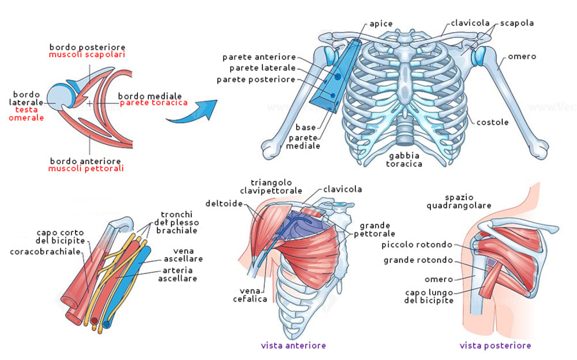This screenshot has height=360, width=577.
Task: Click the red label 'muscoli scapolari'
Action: pyautogui.click(x=87, y=55)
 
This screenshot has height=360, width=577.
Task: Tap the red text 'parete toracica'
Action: pyautogui.click(x=153, y=102)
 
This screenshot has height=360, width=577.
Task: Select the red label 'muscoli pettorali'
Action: pyautogui.click(x=87, y=168)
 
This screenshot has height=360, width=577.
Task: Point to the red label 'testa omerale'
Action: pyautogui.click(x=26, y=113)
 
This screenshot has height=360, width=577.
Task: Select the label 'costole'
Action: pyautogui.click(x=492, y=122)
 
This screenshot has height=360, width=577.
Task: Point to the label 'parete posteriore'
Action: pyautogui.click(x=256, y=79)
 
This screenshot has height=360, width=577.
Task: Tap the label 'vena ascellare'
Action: pyautogui.click(x=188, y=254)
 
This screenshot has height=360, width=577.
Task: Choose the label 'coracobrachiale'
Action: pyautogui.click(x=46, y=252)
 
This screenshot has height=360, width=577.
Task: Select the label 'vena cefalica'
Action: pyautogui.click(x=250, y=295)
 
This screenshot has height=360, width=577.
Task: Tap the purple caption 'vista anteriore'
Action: pyautogui.click(x=293, y=345)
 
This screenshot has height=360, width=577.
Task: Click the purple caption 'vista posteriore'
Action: pyautogui.click(x=495, y=345)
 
